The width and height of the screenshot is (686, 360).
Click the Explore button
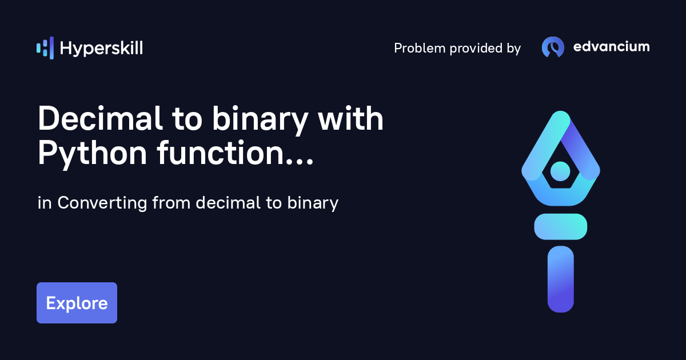[x=77, y=303]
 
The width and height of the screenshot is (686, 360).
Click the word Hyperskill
[x=101, y=49]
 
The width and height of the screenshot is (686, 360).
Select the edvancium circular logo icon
[x=553, y=47]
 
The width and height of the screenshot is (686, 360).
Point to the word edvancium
[x=611, y=47]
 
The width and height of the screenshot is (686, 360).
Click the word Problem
[x=420, y=49]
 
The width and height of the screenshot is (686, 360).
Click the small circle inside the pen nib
[x=560, y=171]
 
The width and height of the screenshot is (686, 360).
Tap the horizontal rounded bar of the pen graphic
[x=560, y=226]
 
